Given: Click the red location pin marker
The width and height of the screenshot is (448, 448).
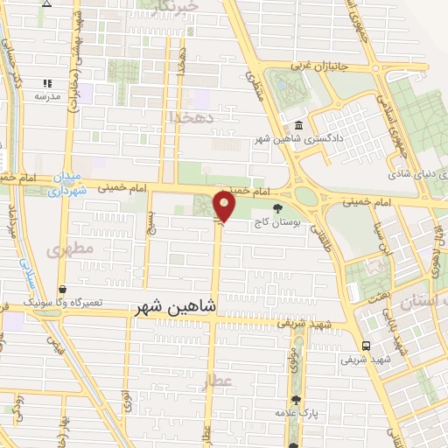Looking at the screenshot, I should (x=226, y=206).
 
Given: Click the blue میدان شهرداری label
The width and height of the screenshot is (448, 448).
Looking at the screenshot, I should (x=68, y=184).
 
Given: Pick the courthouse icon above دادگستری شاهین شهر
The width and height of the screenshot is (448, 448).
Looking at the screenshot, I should (x=300, y=126).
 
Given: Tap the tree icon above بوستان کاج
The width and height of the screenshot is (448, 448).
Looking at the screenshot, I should (x=278, y=208).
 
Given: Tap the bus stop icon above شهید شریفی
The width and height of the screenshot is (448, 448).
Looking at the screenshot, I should (x=365, y=345).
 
